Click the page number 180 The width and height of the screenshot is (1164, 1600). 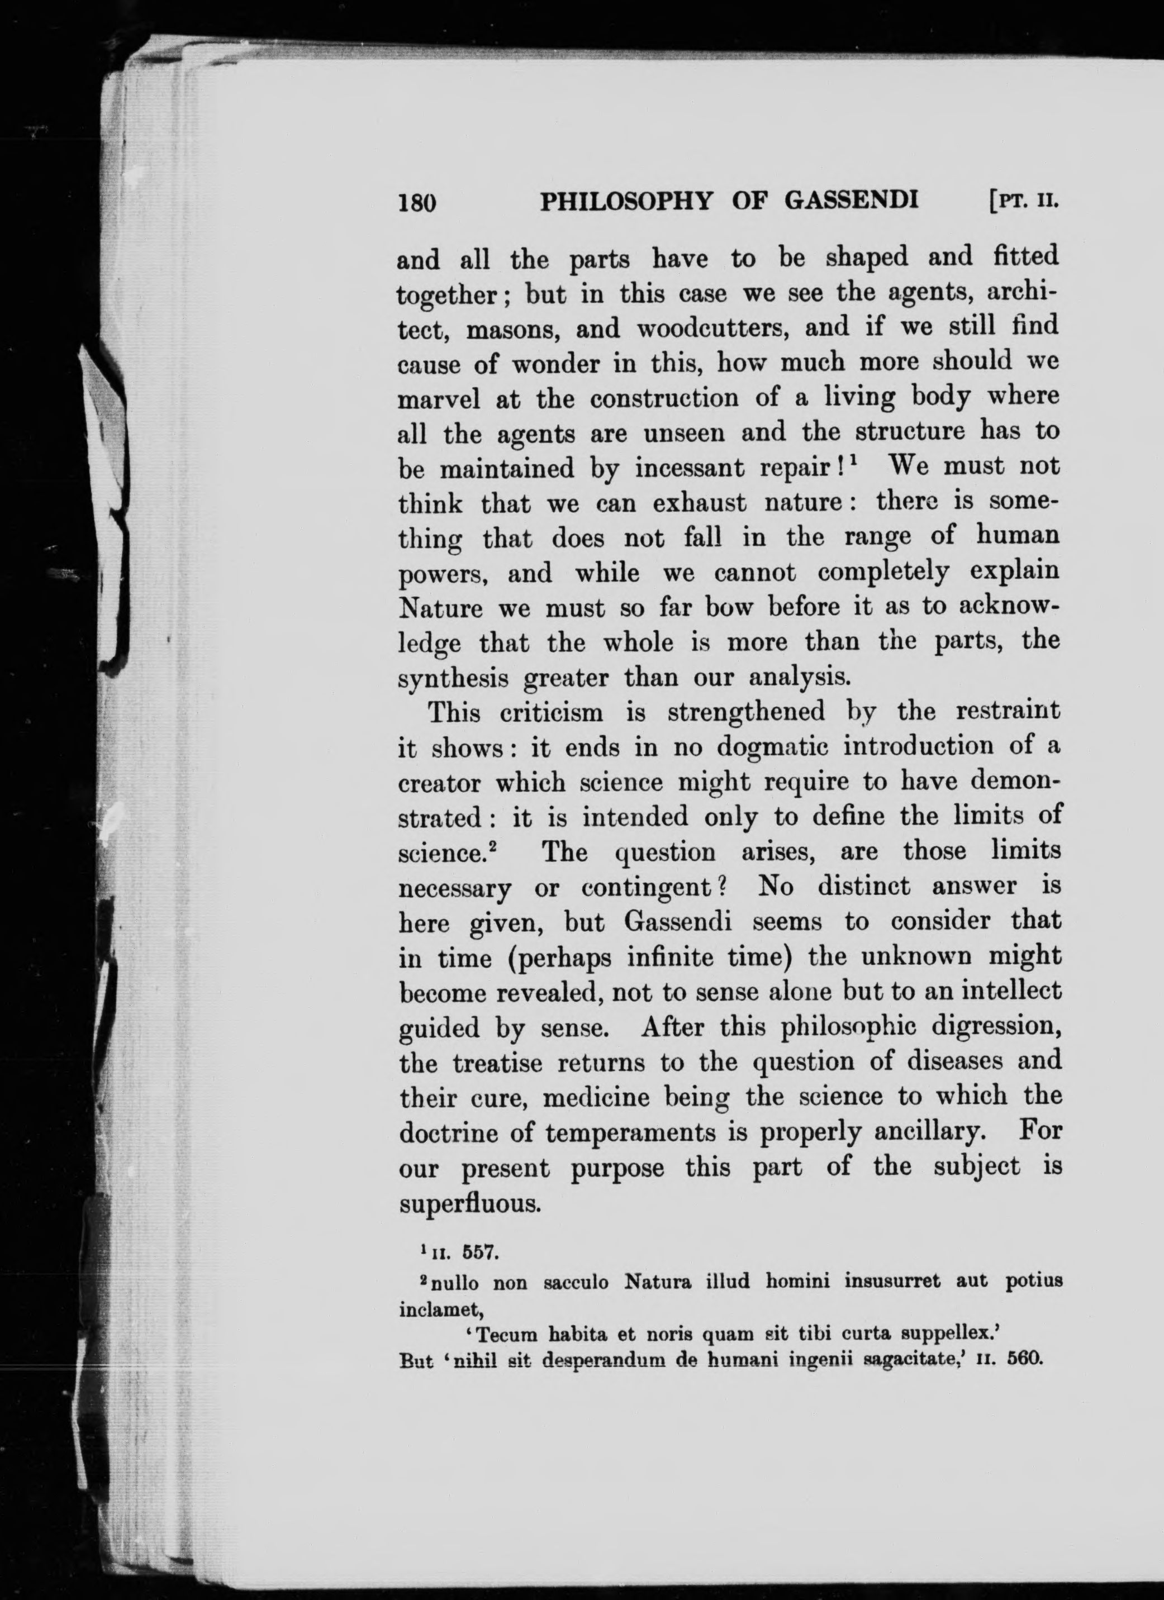coord(417,203)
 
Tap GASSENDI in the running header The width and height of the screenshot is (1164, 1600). coord(851,202)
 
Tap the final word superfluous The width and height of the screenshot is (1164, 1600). coord(470,1203)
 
